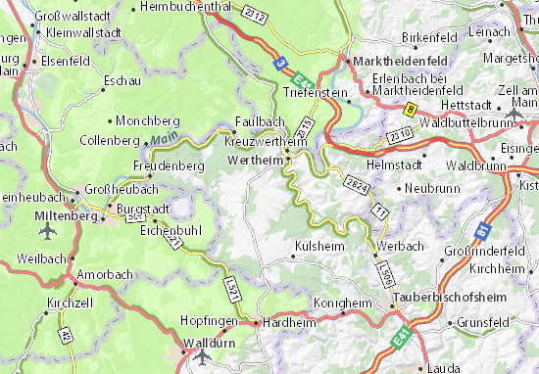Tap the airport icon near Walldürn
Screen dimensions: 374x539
202,356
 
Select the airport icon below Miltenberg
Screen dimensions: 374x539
48,232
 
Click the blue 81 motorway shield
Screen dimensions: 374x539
483,231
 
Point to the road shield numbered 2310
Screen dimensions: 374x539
399,135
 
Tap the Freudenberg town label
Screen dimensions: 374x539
162,166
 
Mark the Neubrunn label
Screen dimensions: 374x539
432,186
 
